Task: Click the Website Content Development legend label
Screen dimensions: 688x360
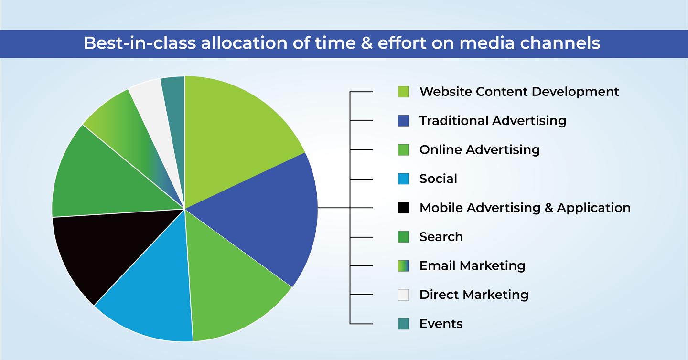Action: point(519,92)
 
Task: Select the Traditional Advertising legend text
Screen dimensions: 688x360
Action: point(493,121)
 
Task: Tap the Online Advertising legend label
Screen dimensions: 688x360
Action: point(480,150)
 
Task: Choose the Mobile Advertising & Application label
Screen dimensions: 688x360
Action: point(525,208)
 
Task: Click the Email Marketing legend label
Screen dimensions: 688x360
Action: point(473,266)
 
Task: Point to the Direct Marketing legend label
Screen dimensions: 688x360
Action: point(474,295)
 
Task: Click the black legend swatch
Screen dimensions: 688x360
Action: point(403,208)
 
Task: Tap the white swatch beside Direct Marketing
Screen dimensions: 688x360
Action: point(403,295)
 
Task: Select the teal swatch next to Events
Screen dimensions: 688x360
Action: point(403,324)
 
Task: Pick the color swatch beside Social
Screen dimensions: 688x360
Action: point(403,179)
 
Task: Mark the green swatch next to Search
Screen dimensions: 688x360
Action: point(403,237)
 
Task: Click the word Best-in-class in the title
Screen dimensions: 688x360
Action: point(140,43)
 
